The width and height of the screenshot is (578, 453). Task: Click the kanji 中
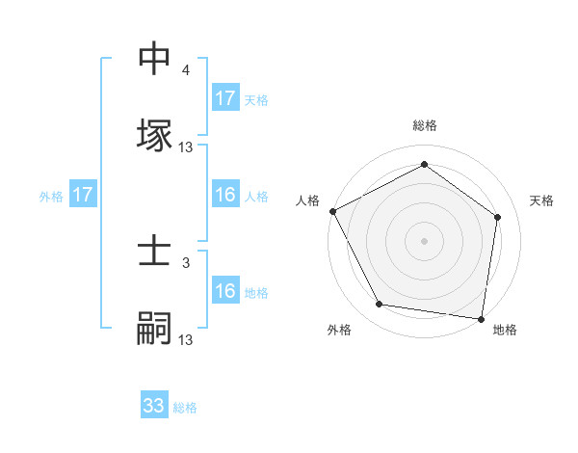click(154, 60)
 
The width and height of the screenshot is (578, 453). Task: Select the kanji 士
click(154, 253)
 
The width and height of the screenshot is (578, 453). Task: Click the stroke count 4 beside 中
click(186, 71)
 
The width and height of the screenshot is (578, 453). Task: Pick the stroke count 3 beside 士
click(186, 262)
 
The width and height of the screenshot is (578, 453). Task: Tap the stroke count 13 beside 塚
click(186, 147)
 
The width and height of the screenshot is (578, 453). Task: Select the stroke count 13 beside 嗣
click(186, 339)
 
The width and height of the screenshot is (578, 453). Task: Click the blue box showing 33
click(154, 406)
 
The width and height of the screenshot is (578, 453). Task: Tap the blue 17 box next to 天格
click(225, 98)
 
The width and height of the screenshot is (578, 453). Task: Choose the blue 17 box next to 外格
click(83, 196)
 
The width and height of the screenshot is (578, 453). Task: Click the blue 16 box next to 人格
click(225, 196)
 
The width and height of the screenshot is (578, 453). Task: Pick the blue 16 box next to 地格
click(225, 291)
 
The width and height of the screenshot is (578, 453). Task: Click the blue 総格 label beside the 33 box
click(185, 408)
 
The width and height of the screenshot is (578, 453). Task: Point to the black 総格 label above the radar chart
click(425, 125)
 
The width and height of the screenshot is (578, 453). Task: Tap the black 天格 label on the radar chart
click(542, 200)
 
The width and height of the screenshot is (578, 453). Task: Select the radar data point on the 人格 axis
click(333, 211)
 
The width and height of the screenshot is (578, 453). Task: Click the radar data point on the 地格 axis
click(481, 317)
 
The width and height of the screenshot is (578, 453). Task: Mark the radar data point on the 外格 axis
click(380, 305)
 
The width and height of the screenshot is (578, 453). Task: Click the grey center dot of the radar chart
click(425, 240)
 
